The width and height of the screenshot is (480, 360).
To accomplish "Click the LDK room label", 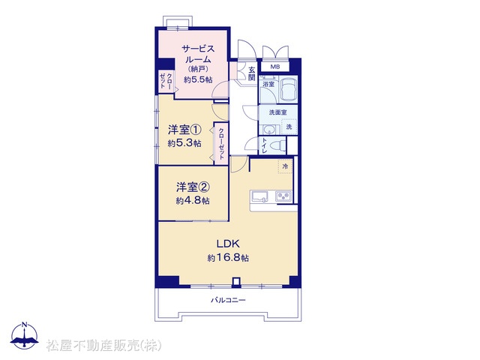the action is click(228, 244).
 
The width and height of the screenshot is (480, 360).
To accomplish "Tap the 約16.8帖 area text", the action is click(228, 258).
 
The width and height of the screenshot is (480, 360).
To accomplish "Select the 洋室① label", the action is click(184, 130).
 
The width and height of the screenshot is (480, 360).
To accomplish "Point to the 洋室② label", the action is click(193, 187).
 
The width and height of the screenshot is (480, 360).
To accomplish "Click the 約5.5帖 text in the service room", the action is click(198, 79).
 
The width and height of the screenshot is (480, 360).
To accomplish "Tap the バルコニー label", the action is click(228, 300).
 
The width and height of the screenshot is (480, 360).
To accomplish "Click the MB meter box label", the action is click(274, 67).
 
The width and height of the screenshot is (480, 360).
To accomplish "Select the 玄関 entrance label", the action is click(252, 73).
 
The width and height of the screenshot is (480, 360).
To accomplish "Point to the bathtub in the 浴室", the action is click(288, 88).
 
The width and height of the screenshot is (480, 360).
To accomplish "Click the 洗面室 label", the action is click(278, 112).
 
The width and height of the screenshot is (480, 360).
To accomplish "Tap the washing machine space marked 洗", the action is click(289, 127).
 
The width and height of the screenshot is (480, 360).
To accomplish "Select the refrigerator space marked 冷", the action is click(285, 166).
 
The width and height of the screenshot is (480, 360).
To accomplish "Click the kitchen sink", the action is click(259, 196).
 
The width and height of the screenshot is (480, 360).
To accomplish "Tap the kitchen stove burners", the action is click(283, 196).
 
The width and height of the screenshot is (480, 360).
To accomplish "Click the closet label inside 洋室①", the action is click(221, 143).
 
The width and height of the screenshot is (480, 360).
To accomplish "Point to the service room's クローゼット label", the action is click(166, 81).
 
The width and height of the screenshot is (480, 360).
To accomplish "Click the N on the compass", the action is click(25, 325).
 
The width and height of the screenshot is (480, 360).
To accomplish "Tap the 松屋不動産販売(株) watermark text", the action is click(103, 346).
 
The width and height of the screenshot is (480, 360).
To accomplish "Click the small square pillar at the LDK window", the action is click(235, 282).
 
